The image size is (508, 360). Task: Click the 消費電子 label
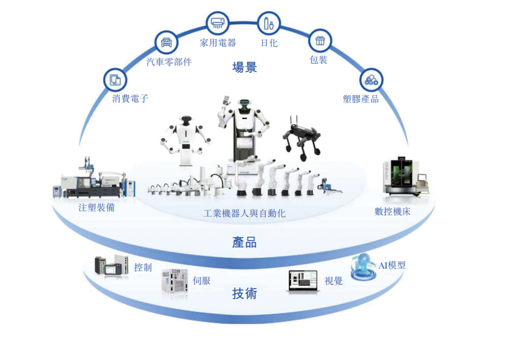click(130, 99)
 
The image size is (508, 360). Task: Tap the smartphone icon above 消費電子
click(115, 80)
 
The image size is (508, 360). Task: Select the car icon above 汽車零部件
click(167, 43)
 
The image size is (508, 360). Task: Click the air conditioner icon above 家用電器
click(217, 22)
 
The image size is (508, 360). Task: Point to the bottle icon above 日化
click(269, 22)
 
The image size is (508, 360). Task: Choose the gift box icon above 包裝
click(320, 41)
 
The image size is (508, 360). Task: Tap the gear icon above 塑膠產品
click(371, 80)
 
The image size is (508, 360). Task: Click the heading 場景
click(245, 67)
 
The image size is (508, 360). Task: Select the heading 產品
click(245, 242)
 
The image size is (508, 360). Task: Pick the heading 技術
click(245, 293)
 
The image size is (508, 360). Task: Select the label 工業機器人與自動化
click(245, 213)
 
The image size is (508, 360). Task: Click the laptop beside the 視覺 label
click(302, 281)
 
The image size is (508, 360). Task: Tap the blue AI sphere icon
click(362, 267)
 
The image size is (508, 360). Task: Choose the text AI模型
click(392, 265)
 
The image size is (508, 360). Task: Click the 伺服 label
click(202, 281)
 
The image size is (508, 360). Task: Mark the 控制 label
click(143, 267)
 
